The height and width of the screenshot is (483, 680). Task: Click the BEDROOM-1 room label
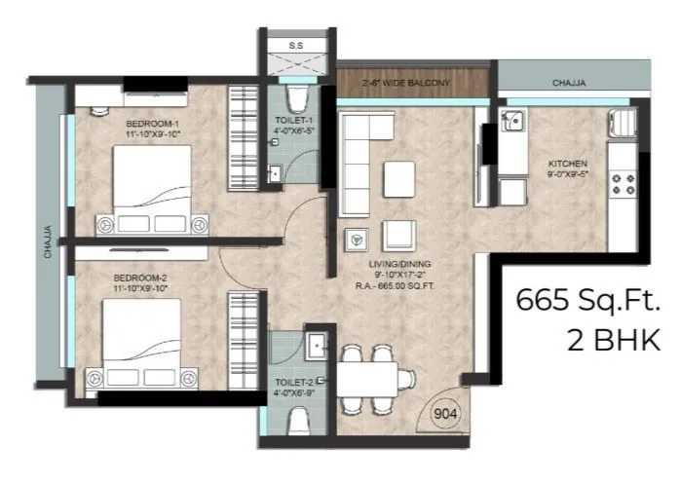153,124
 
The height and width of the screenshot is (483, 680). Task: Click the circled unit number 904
445,412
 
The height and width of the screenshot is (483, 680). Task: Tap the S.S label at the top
296,46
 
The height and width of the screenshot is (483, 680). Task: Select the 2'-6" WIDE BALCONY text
407,83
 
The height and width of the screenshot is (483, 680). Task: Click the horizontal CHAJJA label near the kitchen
567,84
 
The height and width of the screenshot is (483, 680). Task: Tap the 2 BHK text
614,340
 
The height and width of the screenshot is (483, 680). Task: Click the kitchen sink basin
511,123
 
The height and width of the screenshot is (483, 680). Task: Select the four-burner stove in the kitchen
621,181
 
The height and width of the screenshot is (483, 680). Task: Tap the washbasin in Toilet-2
316,345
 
